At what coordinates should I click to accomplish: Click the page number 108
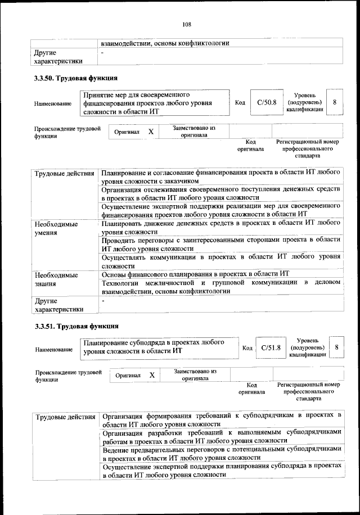click(x=187, y=24)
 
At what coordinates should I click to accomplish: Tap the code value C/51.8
click(x=271, y=348)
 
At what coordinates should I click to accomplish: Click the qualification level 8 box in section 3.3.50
click(x=335, y=103)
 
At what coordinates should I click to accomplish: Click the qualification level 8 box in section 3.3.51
click(x=336, y=348)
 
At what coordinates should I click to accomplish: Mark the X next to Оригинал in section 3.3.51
click(x=152, y=375)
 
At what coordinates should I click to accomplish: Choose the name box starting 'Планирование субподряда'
click(x=159, y=347)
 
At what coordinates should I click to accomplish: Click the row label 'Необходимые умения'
click(x=56, y=228)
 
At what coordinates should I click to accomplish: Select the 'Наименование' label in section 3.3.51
click(x=53, y=350)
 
